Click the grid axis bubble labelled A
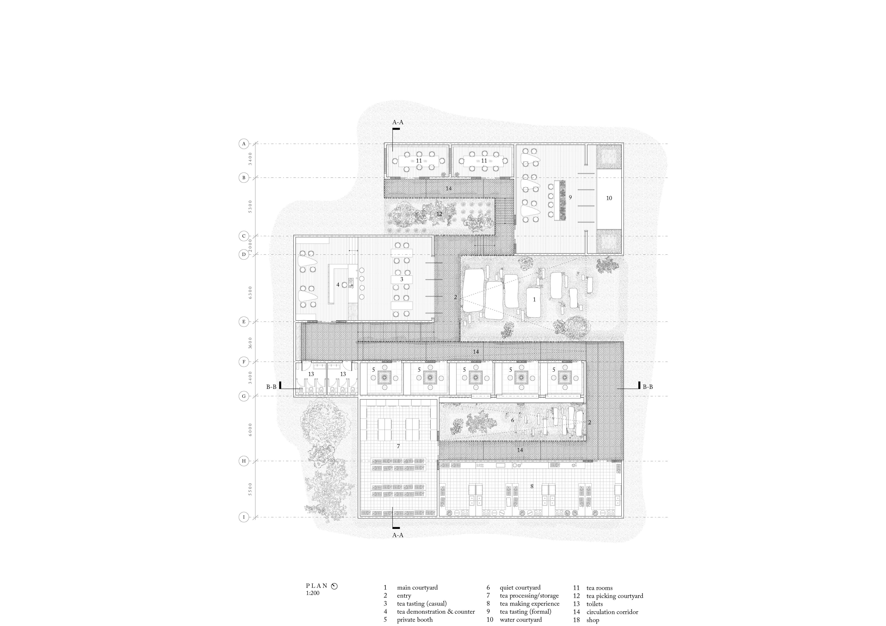[x=244, y=144]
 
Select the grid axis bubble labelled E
[x=244, y=322]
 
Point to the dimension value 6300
[x=251, y=292]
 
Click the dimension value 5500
[x=251, y=489]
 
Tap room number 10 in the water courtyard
[x=609, y=198]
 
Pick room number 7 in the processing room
[x=398, y=446]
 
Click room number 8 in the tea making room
[x=532, y=486]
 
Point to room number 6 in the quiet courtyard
[x=512, y=420]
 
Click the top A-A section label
[x=398, y=122]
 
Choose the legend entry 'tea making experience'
[x=529, y=604]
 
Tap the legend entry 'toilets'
[x=595, y=604]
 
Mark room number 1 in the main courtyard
[x=534, y=299]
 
